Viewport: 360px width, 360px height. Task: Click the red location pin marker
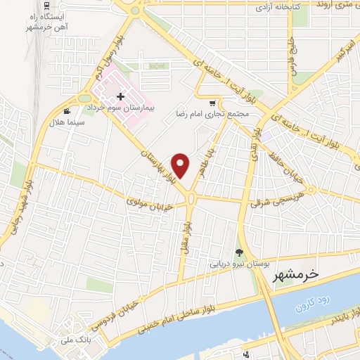point(181,165)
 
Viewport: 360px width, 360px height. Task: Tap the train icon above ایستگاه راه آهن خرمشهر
point(46,5)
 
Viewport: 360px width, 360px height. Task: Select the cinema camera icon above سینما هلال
point(67,111)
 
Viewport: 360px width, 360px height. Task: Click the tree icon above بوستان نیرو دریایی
point(239,252)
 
